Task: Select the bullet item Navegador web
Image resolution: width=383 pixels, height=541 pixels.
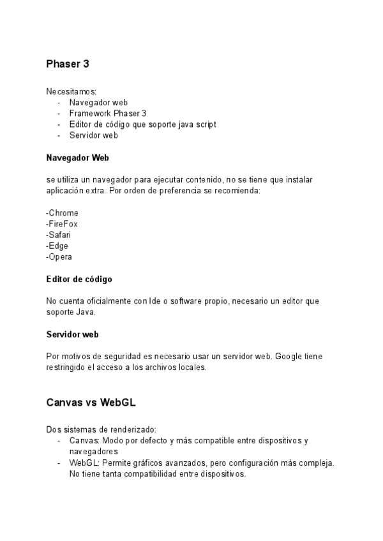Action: pos(98,103)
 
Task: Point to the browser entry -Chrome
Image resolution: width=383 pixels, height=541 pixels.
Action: pos(63,213)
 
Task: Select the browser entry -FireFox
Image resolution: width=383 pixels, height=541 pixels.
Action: pos(63,224)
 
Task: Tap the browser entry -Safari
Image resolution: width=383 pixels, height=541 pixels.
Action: pos(59,235)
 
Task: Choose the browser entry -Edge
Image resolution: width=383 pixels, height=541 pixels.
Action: pos(57,246)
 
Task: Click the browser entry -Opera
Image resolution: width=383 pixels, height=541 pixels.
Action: pos(59,256)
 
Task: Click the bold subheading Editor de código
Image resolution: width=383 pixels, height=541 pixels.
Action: pos(80,279)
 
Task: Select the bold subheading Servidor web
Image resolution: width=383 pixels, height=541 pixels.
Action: pos(72,334)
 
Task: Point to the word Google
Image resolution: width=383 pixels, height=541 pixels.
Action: pos(290,356)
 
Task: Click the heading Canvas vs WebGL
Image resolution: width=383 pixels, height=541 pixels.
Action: pos(91,403)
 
